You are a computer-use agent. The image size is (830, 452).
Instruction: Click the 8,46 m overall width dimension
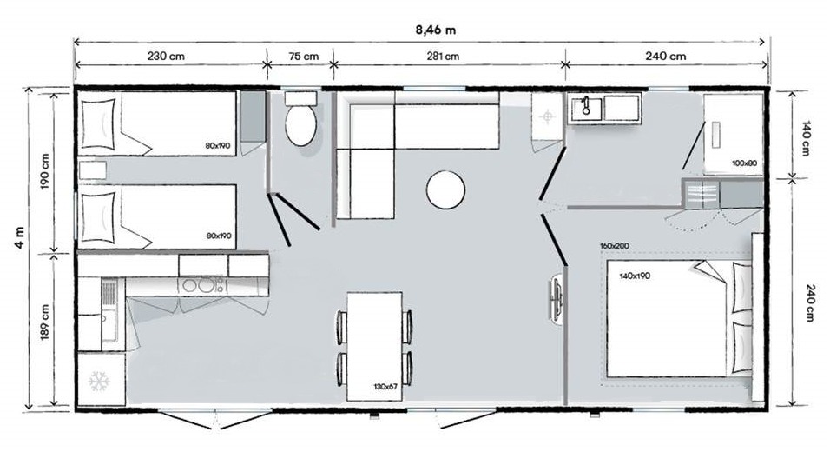[435, 30]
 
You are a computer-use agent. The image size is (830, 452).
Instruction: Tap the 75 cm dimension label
[304, 56]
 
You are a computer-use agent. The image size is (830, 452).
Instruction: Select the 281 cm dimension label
[443, 56]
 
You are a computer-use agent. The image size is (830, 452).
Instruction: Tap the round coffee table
[445, 189]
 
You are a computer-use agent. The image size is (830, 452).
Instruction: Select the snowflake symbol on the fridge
[99, 381]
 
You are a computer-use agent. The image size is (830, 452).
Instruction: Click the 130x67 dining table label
[385, 387]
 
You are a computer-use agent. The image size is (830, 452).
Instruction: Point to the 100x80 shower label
[744, 163]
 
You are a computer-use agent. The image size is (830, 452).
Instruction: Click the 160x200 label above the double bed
[615, 246]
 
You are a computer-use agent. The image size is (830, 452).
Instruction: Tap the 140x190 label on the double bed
[635, 276]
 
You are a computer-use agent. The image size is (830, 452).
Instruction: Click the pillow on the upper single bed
[98, 124]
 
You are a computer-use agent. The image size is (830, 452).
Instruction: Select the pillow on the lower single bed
[98, 217]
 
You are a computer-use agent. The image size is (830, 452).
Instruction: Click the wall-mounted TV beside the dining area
[556, 298]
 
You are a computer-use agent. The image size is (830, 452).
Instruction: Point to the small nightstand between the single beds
[93, 170]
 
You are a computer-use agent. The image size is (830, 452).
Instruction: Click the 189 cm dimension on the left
[44, 322]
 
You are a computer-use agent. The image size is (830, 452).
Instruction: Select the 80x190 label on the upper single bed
[218, 145]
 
